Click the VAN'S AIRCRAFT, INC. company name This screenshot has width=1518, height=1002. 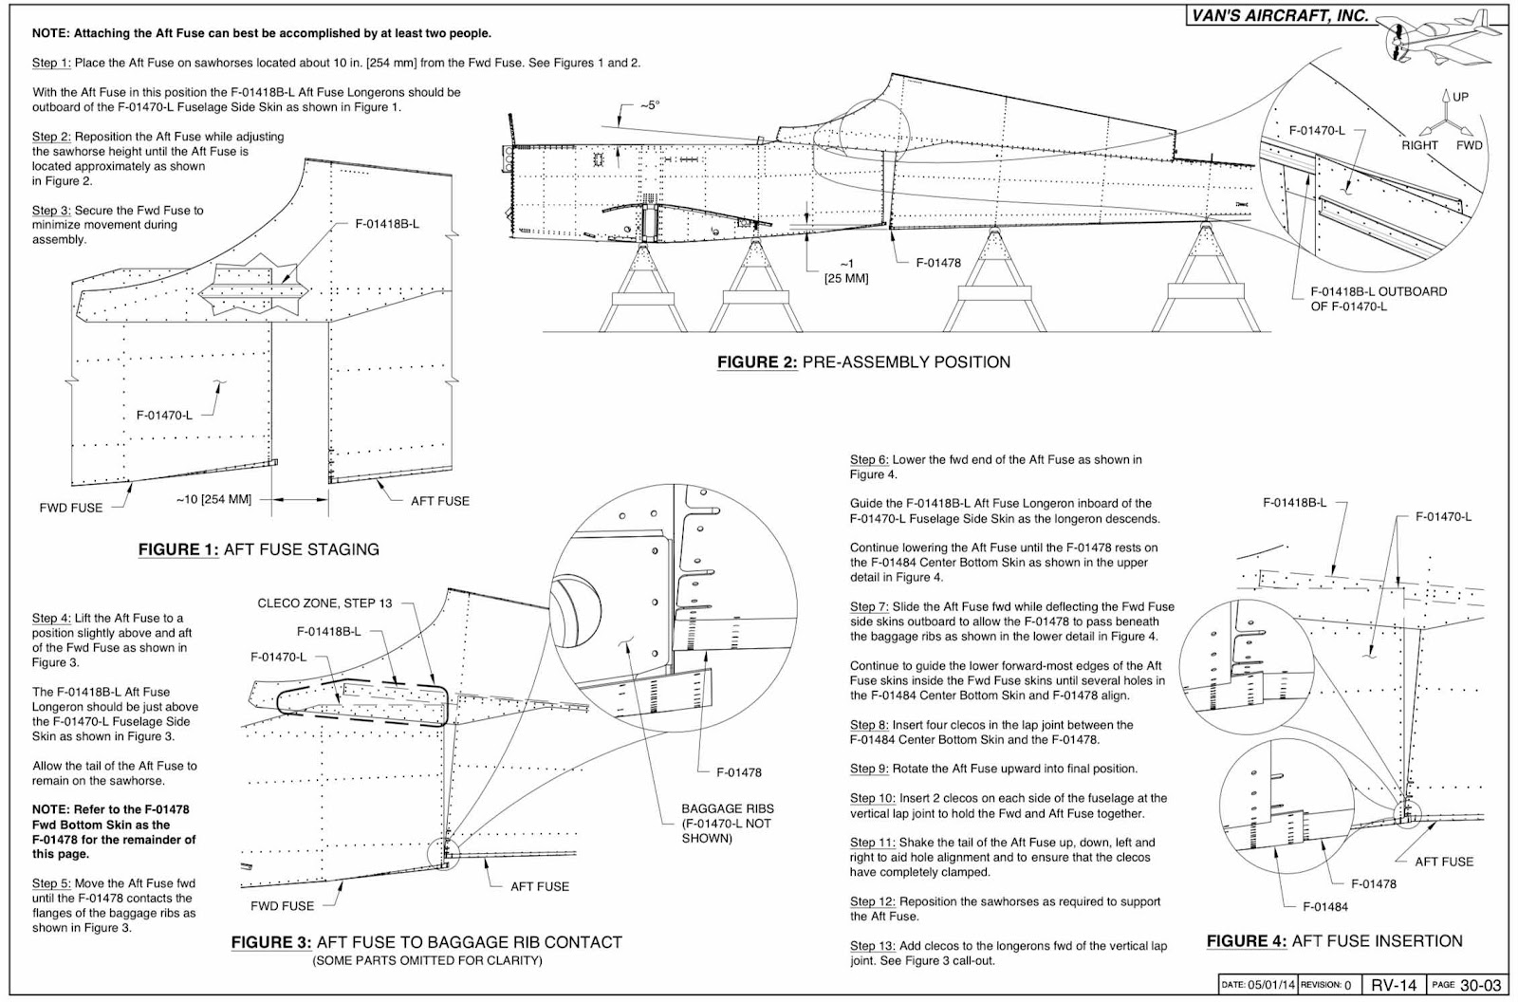click(x=1280, y=15)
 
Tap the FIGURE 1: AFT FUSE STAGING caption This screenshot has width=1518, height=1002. click(x=258, y=549)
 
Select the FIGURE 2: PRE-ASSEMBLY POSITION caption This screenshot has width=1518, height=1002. click(x=863, y=362)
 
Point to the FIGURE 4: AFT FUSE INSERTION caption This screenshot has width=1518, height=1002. click(x=1334, y=941)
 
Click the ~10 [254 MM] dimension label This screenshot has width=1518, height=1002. click(x=213, y=499)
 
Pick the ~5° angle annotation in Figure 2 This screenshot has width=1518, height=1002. click(x=648, y=105)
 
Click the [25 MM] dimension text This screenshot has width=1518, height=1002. click(x=846, y=278)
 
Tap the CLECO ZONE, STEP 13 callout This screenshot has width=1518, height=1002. click(x=324, y=603)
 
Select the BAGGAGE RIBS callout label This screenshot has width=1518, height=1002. click(x=728, y=808)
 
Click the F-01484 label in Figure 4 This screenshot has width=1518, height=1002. click(x=1324, y=906)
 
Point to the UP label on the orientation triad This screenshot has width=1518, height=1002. click(x=1460, y=97)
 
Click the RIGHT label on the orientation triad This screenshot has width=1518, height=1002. click(x=1419, y=145)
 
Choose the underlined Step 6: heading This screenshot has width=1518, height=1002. click(x=869, y=460)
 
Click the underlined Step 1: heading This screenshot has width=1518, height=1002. click(x=51, y=63)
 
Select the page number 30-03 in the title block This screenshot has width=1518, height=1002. click(x=1480, y=985)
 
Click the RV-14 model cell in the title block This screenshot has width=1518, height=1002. click(x=1394, y=985)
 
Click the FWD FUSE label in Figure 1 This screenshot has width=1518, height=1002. click(x=71, y=508)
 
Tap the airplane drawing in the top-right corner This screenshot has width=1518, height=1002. click(x=1442, y=38)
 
